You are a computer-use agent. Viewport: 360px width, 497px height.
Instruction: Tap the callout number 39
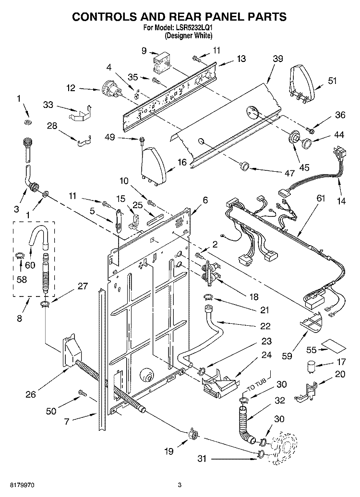277,59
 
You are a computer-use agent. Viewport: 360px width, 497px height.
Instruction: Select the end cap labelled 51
301,82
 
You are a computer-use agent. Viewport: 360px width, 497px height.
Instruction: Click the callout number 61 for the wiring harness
321,198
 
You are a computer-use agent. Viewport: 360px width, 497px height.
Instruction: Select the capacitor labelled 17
311,367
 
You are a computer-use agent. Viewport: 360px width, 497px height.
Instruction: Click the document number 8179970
22,485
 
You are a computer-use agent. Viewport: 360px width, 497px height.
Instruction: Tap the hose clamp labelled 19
192,434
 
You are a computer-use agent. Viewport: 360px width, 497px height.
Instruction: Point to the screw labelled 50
83,393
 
